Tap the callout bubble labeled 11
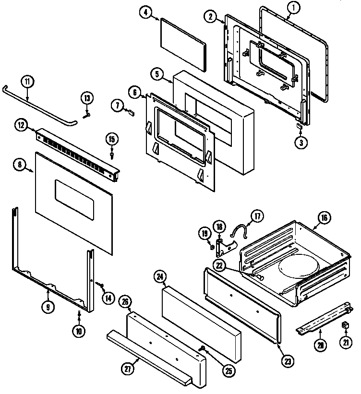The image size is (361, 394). pyautogui.click(x=27, y=81)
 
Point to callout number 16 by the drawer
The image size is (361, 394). pyautogui.click(x=324, y=218)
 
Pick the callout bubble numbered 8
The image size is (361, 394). pyautogui.click(x=21, y=165)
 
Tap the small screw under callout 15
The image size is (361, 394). pyautogui.click(x=112, y=155)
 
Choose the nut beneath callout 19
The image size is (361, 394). pyautogui.click(x=211, y=247)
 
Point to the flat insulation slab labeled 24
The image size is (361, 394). pyautogui.click(x=202, y=317)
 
